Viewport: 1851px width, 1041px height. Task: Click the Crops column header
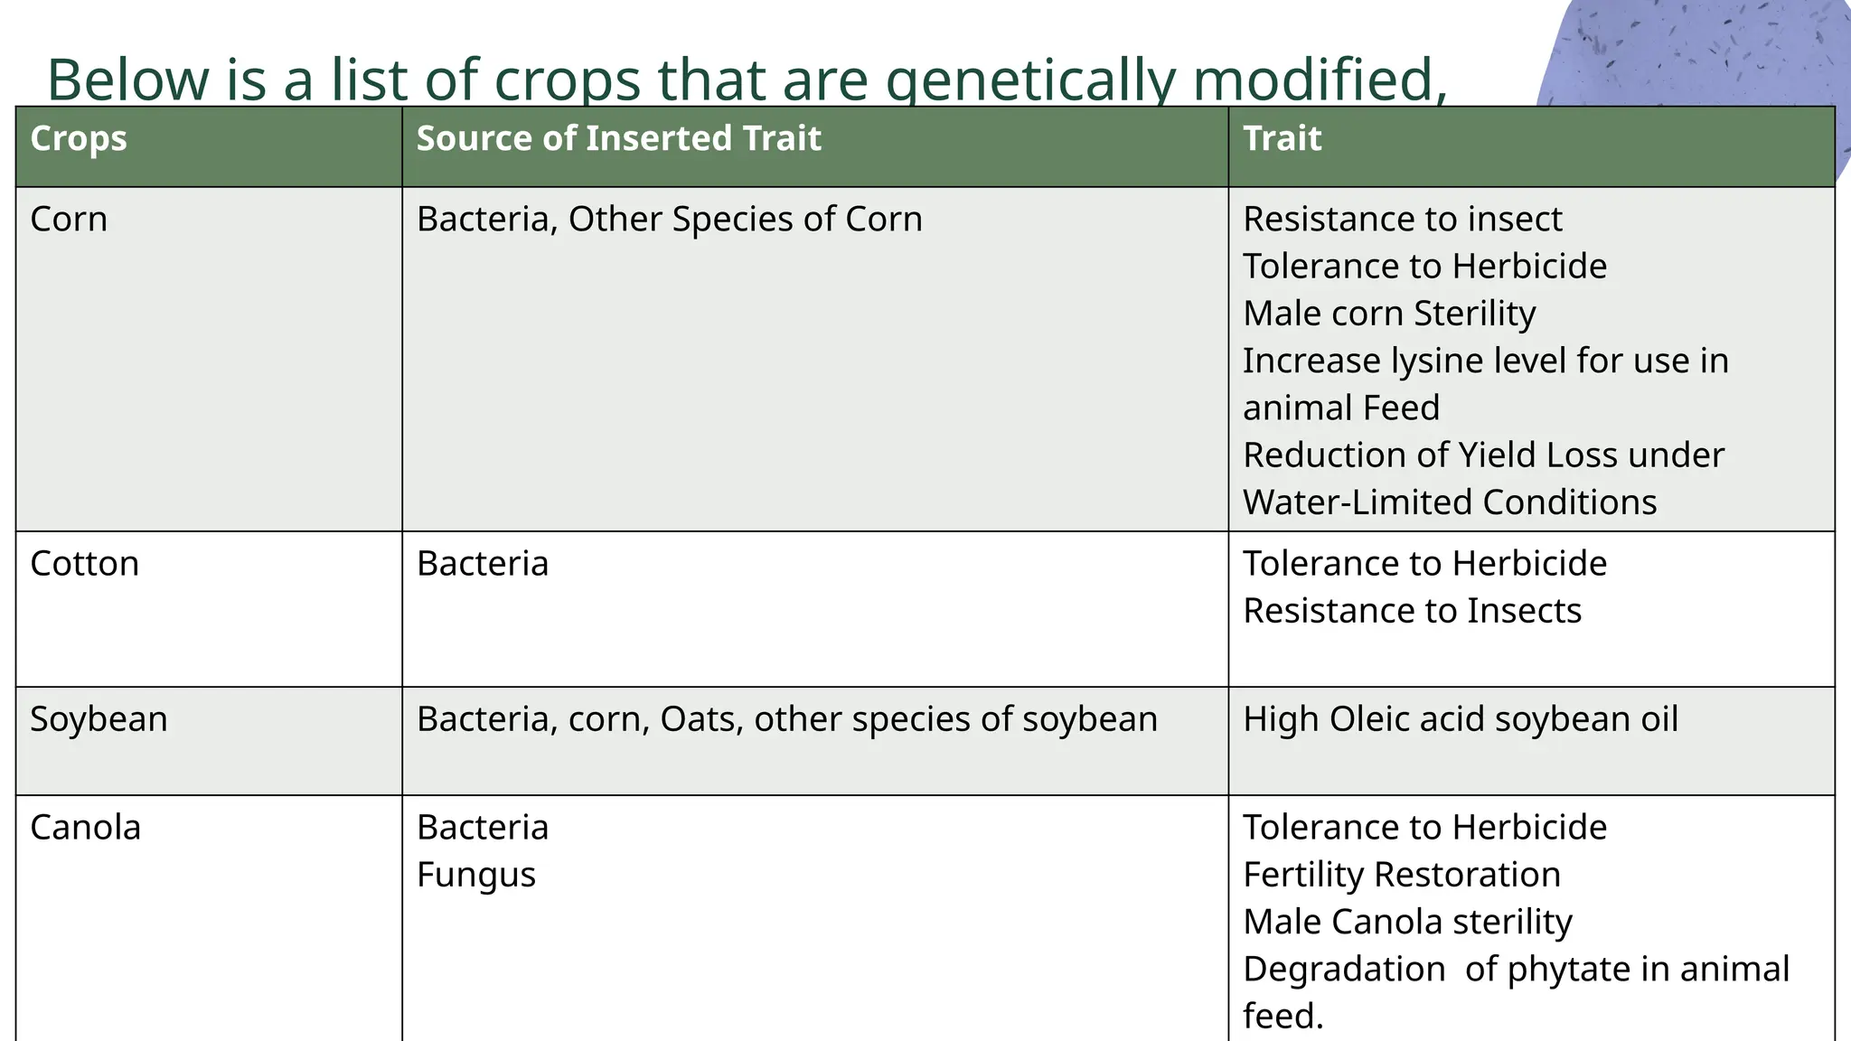pos(79,139)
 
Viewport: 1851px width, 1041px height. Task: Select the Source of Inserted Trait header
pos(618,139)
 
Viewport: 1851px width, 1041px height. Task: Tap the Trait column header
pos(1282,139)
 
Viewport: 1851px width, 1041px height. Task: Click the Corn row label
pos(69,220)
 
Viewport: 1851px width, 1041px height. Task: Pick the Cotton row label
pos(84,564)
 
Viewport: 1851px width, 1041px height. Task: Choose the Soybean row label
pos(99,719)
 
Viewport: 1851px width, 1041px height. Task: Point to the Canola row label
pos(85,828)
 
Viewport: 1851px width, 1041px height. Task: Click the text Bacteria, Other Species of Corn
pos(669,220)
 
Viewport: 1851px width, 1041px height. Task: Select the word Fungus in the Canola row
pos(475,876)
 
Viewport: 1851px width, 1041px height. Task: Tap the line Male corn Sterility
pos(1389,314)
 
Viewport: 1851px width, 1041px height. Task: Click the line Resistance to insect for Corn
pos(1402,220)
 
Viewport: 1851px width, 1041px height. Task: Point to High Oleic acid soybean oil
pos(1460,719)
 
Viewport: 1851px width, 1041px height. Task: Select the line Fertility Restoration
pos(1402,875)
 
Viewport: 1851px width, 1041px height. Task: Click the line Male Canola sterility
pos(1407,922)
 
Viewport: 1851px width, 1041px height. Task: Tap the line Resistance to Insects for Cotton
pos(1412,611)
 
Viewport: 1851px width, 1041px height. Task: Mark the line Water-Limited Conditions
pos(1450,502)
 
